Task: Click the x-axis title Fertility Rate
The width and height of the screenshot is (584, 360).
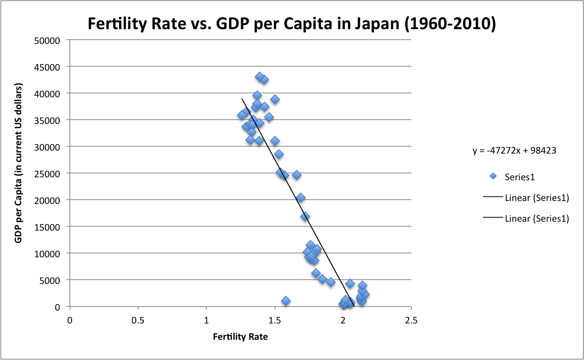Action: point(240,337)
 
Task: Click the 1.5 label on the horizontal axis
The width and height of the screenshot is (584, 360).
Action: point(274,320)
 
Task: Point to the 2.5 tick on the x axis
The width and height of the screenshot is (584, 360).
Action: point(411,320)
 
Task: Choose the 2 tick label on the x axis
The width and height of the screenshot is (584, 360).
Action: point(343,320)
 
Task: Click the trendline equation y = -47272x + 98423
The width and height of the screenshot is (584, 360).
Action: point(515,151)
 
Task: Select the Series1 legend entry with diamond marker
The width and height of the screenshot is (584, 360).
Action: point(519,176)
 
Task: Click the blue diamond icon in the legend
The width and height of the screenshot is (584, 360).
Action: point(493,176)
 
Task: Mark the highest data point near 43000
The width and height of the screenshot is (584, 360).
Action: point(260,77)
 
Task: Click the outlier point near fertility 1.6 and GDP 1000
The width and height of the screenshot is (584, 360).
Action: point(286,301)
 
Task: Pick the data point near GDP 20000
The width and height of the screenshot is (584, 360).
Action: point(300,198)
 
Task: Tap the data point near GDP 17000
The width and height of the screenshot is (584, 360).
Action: point(305,216)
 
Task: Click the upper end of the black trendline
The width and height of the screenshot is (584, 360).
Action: point(242,99)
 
